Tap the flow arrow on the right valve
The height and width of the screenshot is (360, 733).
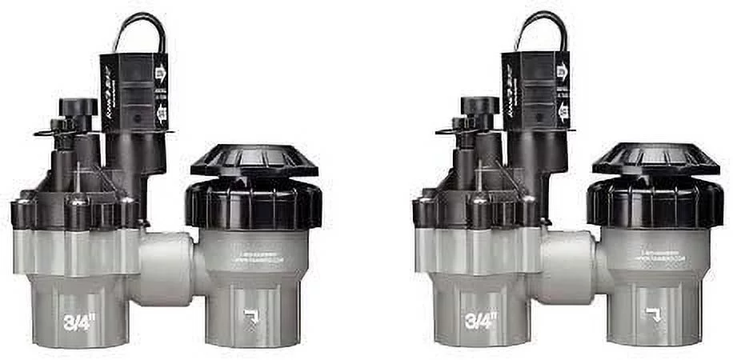(x=655, y=314)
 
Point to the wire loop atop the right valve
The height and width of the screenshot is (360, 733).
(x=542, y=30)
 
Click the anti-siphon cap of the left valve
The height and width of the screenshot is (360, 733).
(x=254, y=160)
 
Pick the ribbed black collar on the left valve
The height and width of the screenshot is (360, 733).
(x=254, y=206)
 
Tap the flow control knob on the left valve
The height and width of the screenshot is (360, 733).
(x=78, y=108)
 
